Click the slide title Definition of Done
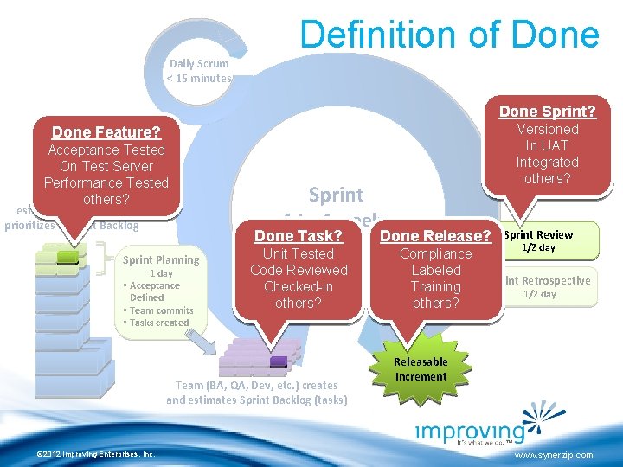tap(448, 35)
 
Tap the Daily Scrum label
tap(199, 63)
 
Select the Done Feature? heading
tap(106, 132)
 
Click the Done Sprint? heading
tap(547, 112)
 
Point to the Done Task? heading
tap(298, 236)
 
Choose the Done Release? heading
tap(435, 236)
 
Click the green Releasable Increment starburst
tap(421, 368)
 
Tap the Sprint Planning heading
tap(161, 259)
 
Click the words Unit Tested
tap(298, 253)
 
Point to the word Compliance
tap(435, 253)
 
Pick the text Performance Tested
tap(106, 182)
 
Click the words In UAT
tap(547, 145)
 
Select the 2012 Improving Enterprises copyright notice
tap(90, 453)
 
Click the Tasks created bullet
tap(157, 323)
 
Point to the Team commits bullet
tap(159, 310)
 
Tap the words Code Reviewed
tap(298, 270)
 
